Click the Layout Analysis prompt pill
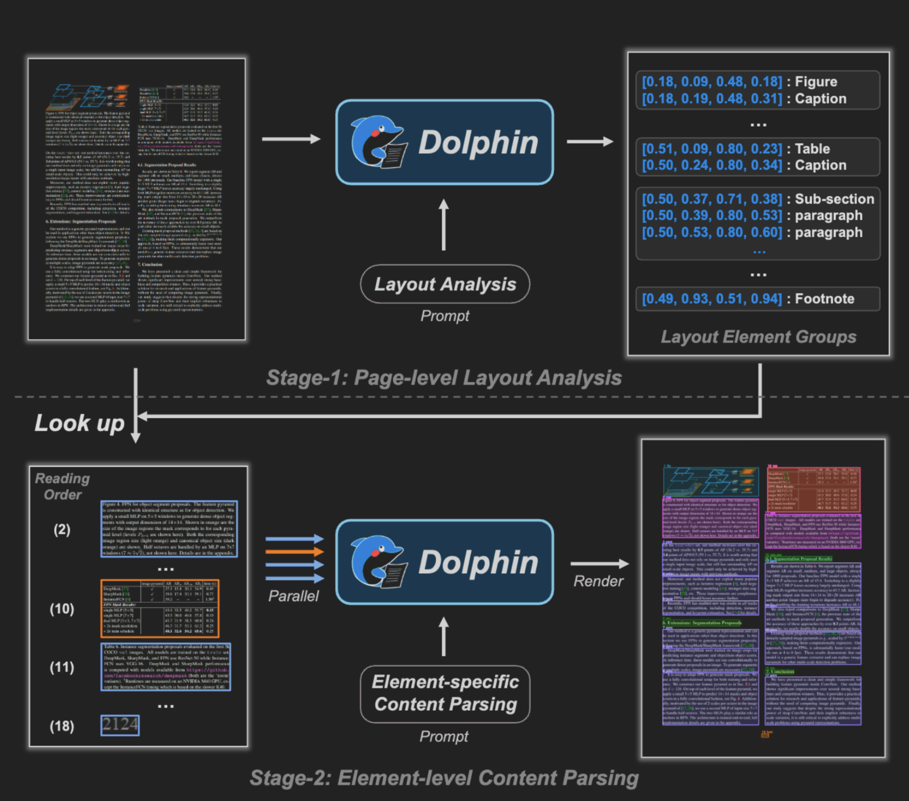(445, 284)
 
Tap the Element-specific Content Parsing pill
(445, 694)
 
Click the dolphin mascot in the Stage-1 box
(378, 141)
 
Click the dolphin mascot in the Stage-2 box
(378, 562)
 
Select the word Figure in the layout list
(815, 82)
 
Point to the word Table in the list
(812, 148)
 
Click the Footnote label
(824, 299)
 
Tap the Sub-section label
(834, 199)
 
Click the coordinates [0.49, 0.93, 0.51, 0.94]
(712, 299)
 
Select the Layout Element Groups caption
(758, 337)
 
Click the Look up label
(79, 423)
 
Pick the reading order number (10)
(62, 609)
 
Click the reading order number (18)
(62, 726)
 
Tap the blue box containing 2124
(120, 725)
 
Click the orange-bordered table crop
(160, 608)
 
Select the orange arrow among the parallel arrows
(294, 552)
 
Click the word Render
(598, 581)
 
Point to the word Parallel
(293, 596)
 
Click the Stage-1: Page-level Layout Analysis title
(443, 378)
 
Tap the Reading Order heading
(62, 486)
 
